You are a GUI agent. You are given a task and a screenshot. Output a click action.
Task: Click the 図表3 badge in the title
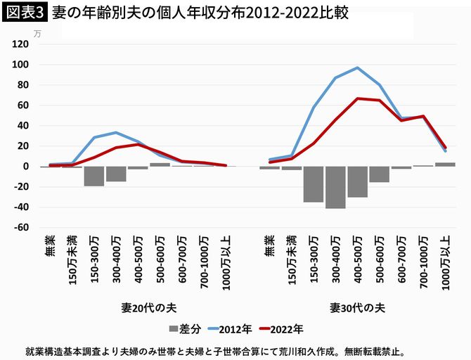[x=24, y=13]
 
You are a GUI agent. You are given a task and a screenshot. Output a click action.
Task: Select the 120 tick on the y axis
[x=20, y=44]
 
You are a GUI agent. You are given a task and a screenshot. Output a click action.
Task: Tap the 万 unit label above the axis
[x=37, y=32]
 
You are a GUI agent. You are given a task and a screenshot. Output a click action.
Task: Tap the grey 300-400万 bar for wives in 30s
[x=335, y=187]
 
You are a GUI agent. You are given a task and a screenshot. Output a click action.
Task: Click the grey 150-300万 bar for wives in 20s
[x=94, y=176]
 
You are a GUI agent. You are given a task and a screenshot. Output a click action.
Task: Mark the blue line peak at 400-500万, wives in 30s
[x=357, y=68]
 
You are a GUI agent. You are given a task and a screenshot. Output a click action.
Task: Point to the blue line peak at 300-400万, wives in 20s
[x=116, y=132]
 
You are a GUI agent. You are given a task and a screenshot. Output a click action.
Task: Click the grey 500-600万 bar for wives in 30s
[x=379, y=174]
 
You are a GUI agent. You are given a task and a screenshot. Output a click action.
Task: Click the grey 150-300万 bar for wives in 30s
[x=314, y=184]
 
